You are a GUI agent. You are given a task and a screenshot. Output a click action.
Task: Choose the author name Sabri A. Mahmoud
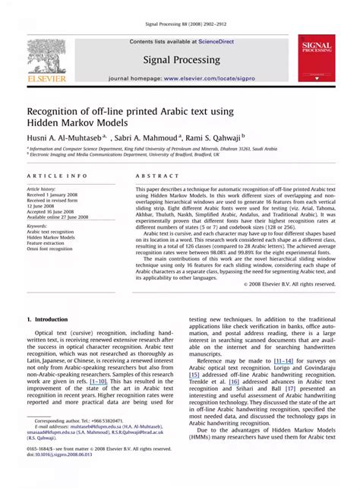tap(151, 138)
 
